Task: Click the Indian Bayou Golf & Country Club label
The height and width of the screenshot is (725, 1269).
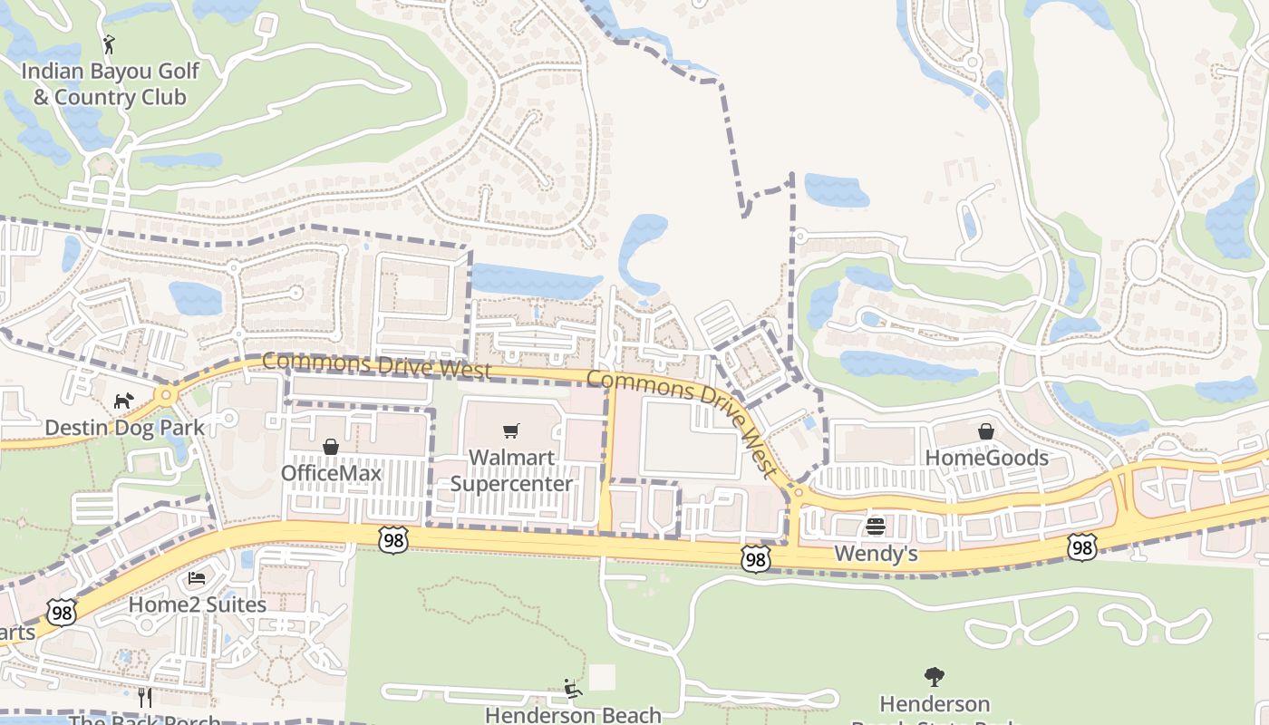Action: coord(109,83)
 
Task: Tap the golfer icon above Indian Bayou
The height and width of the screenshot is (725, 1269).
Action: coord(109,43)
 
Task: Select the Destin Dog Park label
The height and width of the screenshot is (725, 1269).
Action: coord(124,427)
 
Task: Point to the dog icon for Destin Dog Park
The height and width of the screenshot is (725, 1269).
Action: coord(123,400)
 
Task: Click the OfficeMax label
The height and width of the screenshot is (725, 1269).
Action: coord(331,473)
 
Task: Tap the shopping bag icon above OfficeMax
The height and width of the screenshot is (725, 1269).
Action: coord(331,447)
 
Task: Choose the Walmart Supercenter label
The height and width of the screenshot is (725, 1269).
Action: coord(511,470)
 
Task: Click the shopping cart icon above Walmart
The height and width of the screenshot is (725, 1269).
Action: coord(511,431)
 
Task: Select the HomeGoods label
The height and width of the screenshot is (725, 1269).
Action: coord(986,458)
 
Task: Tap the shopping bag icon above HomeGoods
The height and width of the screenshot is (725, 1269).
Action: coord(986,431)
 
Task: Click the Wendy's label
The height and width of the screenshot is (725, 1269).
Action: coord(876,553)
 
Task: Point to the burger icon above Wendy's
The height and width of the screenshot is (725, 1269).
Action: coord(876,527)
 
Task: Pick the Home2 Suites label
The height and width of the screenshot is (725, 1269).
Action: coord(197,604)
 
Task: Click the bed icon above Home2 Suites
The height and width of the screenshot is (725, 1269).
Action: coord(197,578)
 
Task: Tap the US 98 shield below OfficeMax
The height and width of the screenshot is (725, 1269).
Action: coord(392,539)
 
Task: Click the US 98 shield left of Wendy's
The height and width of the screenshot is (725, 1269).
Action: coord(755,559)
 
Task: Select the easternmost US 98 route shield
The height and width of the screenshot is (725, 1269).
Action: coord(1082,546)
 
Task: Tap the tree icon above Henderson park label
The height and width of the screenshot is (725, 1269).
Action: coord(935,676)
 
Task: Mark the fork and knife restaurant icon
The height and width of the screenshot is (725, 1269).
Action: coord(144,697)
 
